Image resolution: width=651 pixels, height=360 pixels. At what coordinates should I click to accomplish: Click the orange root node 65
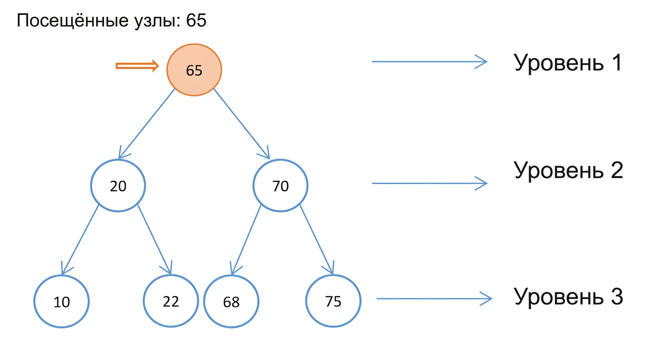click(194, 70)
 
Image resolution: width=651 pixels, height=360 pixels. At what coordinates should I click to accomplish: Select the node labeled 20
click(118, 185)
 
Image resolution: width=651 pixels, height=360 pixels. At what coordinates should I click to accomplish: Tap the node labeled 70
click(280, 185)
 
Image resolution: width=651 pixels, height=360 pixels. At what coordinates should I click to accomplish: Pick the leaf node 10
click(61, 301)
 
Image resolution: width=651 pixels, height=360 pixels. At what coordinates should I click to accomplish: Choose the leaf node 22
click(171, 301)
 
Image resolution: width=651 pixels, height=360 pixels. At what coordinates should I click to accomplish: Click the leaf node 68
click(231, 301)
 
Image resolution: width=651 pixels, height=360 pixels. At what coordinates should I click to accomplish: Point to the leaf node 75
click(333, 301)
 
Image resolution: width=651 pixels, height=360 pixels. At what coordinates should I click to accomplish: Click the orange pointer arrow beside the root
click(137, 66)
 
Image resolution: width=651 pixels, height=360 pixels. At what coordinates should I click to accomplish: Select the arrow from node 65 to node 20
click(146, 124)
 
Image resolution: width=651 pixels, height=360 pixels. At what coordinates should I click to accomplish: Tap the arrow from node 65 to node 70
click(242, 124)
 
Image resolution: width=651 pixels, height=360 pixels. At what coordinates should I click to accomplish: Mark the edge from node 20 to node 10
click(80, 240)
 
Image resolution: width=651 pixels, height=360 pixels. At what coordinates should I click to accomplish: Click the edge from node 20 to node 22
click(155, 240)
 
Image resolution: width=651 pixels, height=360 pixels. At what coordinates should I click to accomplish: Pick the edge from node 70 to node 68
click(246, 240)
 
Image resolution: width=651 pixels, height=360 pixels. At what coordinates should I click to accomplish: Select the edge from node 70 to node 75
click(317, 240)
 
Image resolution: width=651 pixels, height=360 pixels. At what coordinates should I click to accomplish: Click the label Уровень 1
click(568, 63)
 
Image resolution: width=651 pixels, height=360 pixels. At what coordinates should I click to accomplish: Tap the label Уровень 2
click(568, 170)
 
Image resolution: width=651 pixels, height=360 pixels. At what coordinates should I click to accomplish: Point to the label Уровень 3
click(568, 297)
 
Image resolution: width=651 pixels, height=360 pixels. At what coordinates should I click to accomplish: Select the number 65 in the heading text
click(196, 20)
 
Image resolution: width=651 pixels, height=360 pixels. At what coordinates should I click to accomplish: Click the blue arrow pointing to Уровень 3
click(434, 299)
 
